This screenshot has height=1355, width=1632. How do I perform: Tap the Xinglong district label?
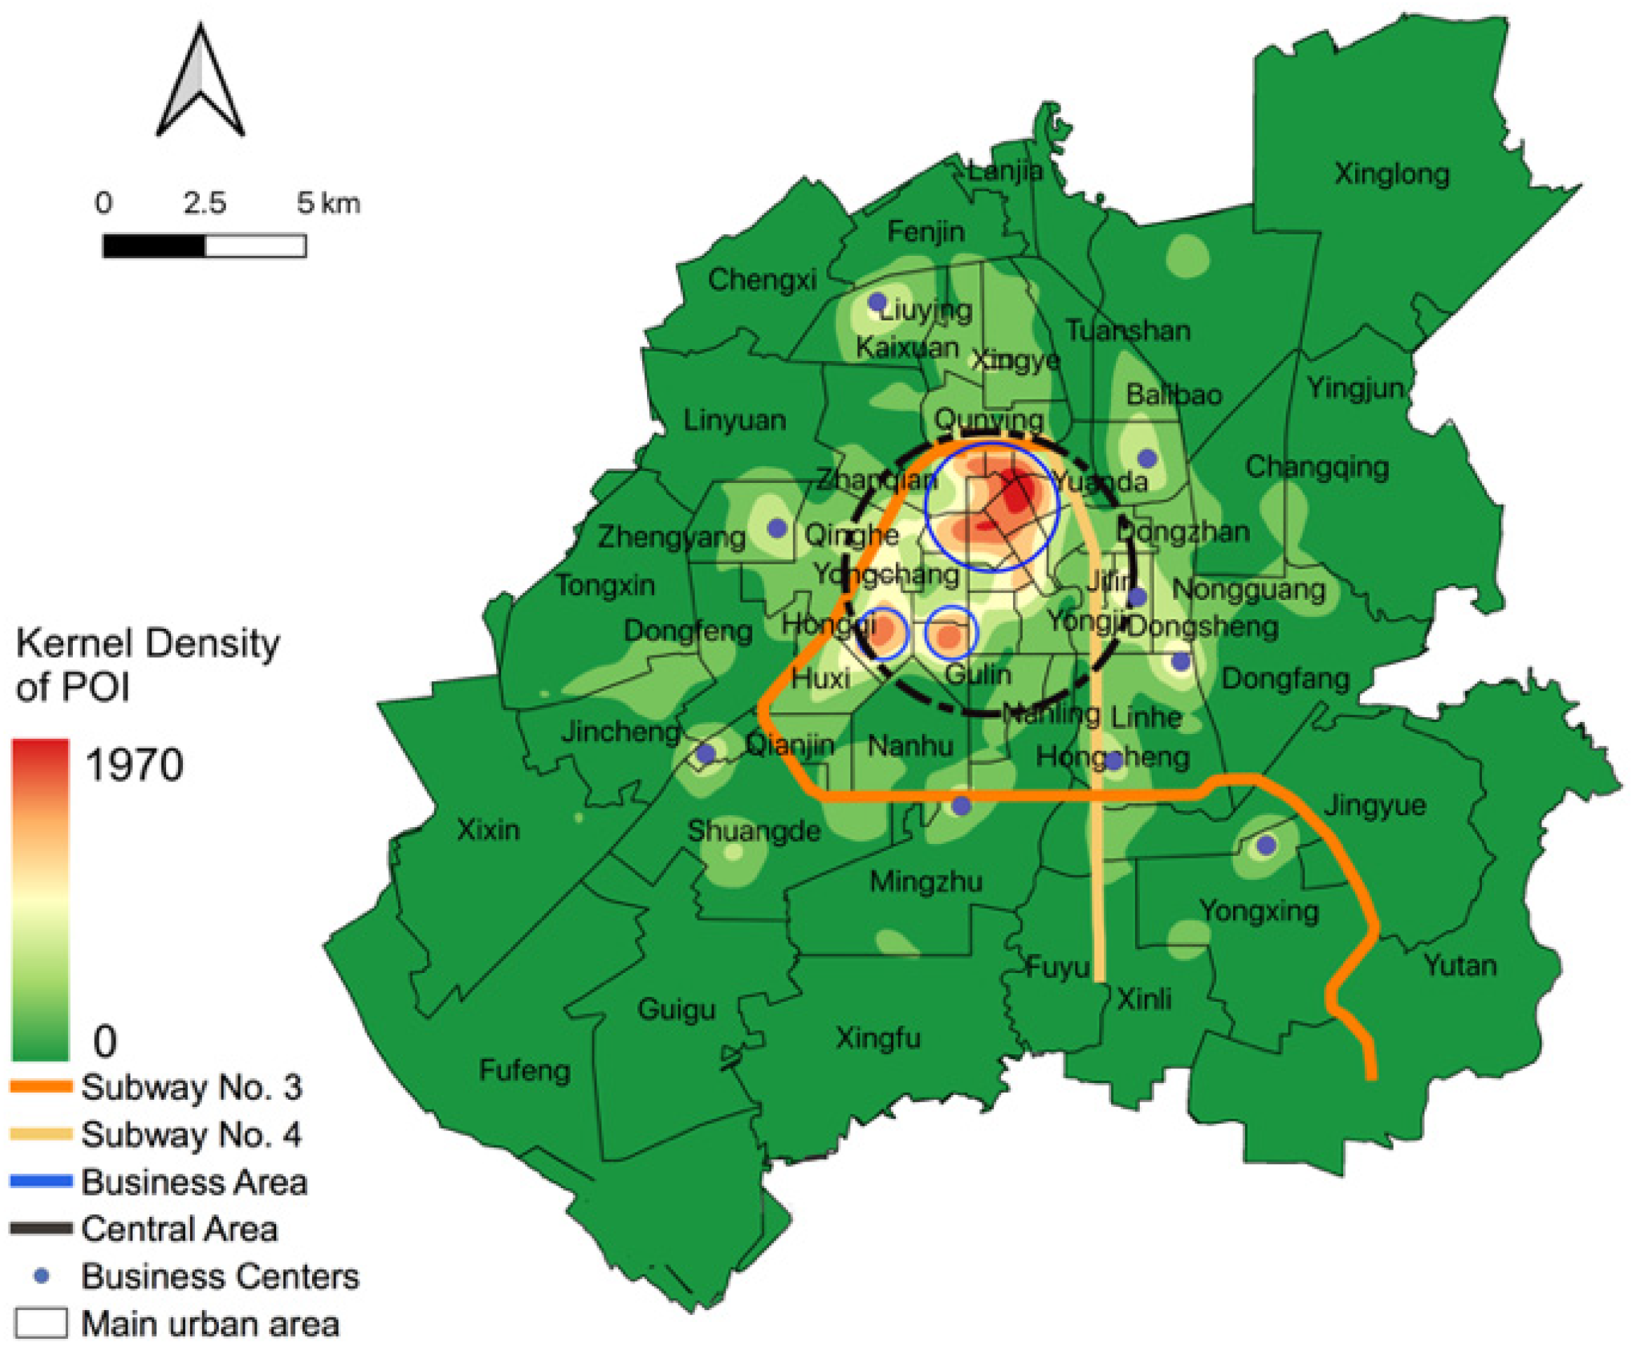click(1391, 174)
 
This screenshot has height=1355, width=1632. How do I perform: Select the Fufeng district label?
click(524, 1070)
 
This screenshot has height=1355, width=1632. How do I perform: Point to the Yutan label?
click(1460, 966)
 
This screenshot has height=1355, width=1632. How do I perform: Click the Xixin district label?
click(487, 830)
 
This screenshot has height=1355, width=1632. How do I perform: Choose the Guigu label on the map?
click(676, 1009)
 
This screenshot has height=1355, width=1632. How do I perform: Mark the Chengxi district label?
click(761, 280)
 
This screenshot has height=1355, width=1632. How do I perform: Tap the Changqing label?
click(1317, 467)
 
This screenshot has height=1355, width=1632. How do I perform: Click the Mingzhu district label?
click(925, 882)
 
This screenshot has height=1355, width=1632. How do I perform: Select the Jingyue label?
click(1375, 805)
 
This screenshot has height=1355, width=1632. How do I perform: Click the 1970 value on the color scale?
click(135, 765)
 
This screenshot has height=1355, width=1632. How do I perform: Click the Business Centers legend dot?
click(42, 1276)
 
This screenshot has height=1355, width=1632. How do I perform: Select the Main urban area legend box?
click(41, 1324)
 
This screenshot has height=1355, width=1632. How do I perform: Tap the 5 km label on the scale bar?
click(328, 203)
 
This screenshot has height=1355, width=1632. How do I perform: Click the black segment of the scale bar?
click(154, 246)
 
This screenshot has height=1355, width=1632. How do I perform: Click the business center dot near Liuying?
click(876, 301)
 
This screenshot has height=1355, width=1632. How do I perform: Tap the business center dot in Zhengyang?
click(776, 529)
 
